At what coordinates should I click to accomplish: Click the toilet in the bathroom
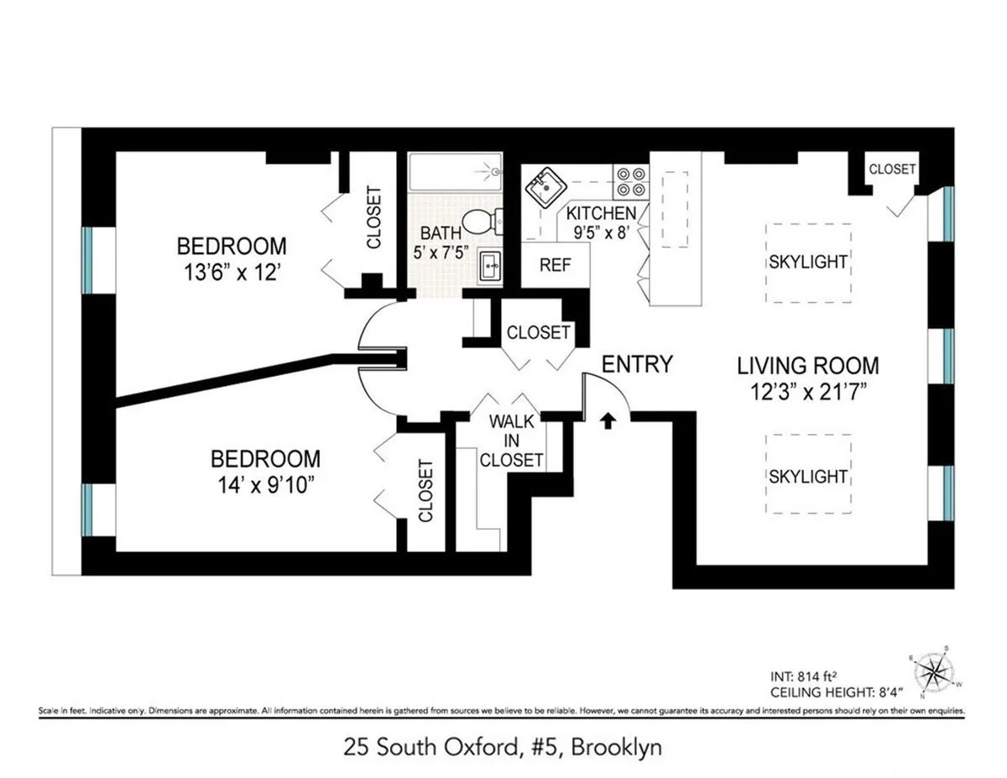[482, 222]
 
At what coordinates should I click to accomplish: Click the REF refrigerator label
[555, 265]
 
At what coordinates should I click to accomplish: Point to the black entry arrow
[607, 420]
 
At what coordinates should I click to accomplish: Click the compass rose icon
[933, 671]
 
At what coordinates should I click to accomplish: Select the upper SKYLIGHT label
[807, 262]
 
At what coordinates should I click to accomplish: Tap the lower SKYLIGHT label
[807, 477]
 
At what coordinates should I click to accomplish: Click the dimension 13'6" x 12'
[232, 273]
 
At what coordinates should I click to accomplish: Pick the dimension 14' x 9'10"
[265, 486]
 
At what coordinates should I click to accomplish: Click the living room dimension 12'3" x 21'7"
[808, 391]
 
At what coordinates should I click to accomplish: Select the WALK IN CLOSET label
[511, 440]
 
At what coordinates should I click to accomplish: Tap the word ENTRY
[638, 364]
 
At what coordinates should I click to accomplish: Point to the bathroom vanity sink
[490, 267]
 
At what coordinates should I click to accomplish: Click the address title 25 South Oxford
[503, 747]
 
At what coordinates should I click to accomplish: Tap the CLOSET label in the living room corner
[892, 170]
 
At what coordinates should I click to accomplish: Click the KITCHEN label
[602, 214]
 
